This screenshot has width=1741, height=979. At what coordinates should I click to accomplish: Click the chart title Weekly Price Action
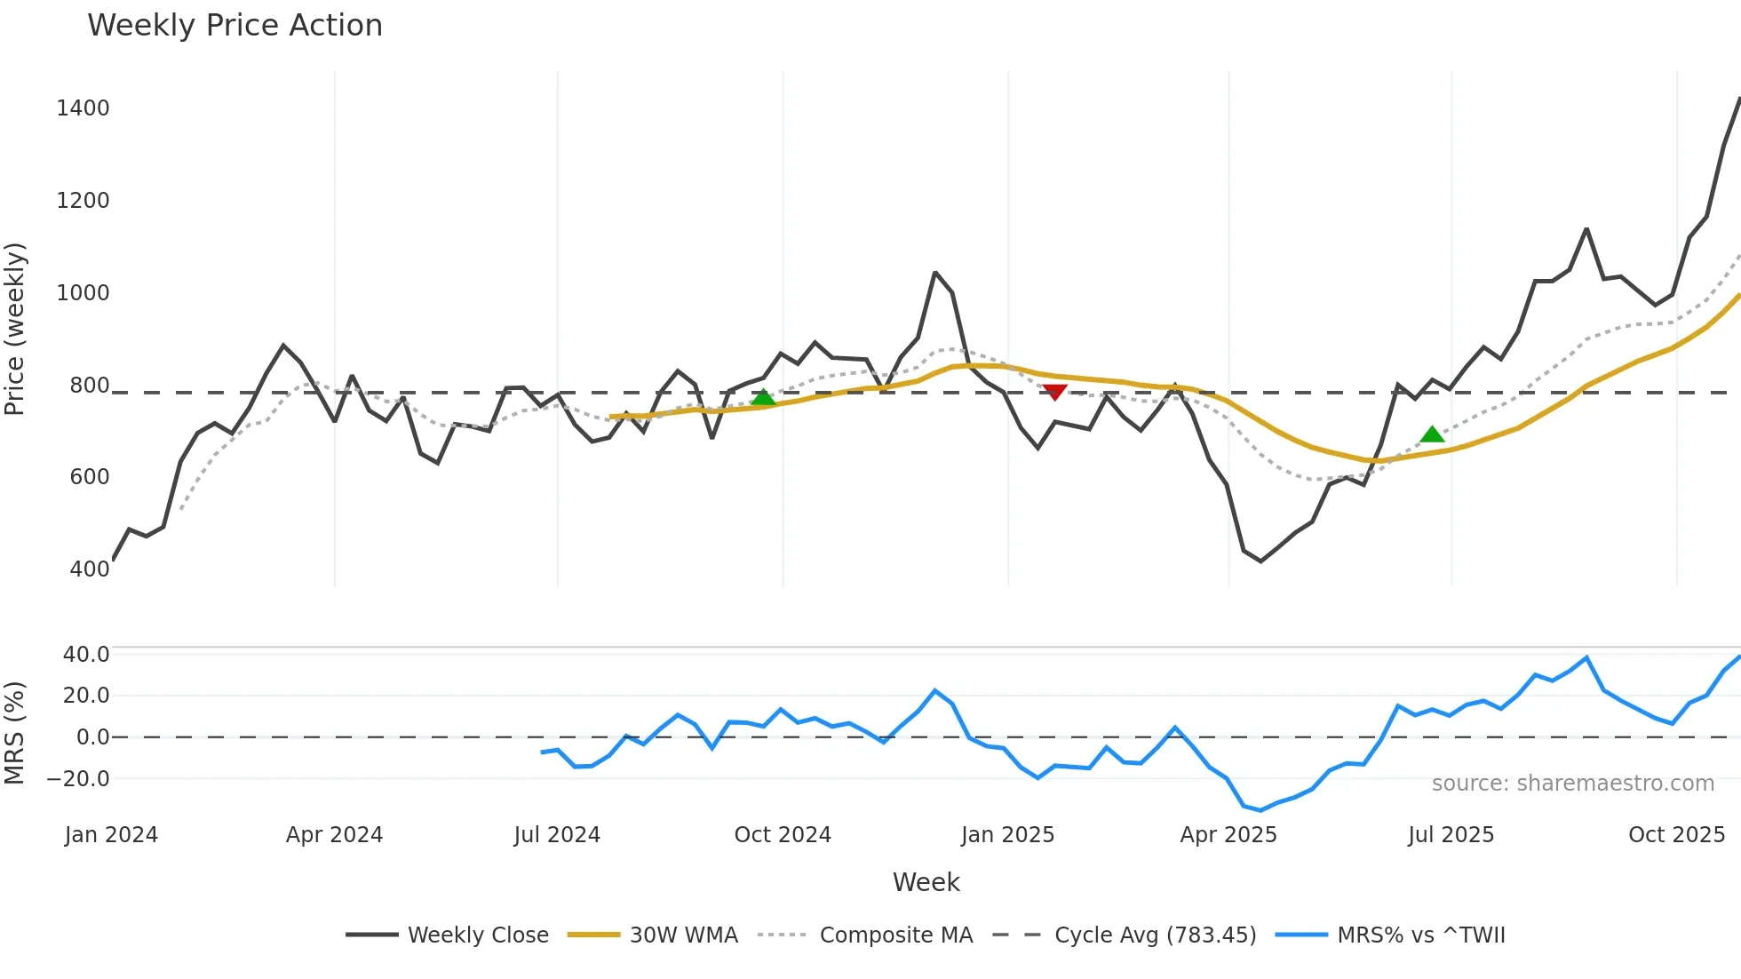tap(235, 26)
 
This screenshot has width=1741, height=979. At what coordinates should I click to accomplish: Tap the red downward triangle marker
tap(1054, 392)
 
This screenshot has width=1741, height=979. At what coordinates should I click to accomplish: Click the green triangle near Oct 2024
tap(763, 397)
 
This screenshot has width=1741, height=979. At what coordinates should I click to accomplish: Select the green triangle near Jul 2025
tap(1432, 434)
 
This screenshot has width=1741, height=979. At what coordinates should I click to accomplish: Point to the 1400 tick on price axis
tap(83, 108)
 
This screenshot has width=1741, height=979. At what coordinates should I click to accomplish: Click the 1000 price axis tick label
tap(83, 293)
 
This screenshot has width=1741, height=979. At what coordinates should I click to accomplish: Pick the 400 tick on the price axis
tap(89, 569)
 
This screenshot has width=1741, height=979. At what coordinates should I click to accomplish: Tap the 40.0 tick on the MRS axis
tap(85, 655)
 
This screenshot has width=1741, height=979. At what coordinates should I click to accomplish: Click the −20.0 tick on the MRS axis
tap(78, 779)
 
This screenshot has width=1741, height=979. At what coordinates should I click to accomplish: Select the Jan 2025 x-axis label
tap(1007, 835)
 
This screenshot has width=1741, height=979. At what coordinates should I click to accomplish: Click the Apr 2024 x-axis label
tap(334, 835)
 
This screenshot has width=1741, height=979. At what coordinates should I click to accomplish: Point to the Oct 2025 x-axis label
tap(1676, 835)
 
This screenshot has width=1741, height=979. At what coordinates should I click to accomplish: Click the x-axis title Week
tap(926, 882)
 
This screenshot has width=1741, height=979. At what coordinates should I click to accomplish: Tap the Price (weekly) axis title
tap(15, 329)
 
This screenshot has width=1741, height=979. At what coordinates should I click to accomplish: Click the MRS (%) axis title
tap(15, 733)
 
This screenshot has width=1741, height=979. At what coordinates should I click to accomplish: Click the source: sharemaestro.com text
tap(1572, 784)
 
